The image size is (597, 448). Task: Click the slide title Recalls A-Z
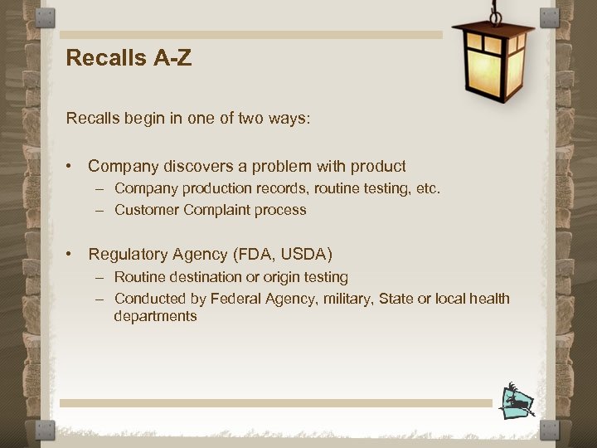tap(129, 58)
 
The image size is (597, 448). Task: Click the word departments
tap(156, 316)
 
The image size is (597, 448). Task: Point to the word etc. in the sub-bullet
tap(428, 188)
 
